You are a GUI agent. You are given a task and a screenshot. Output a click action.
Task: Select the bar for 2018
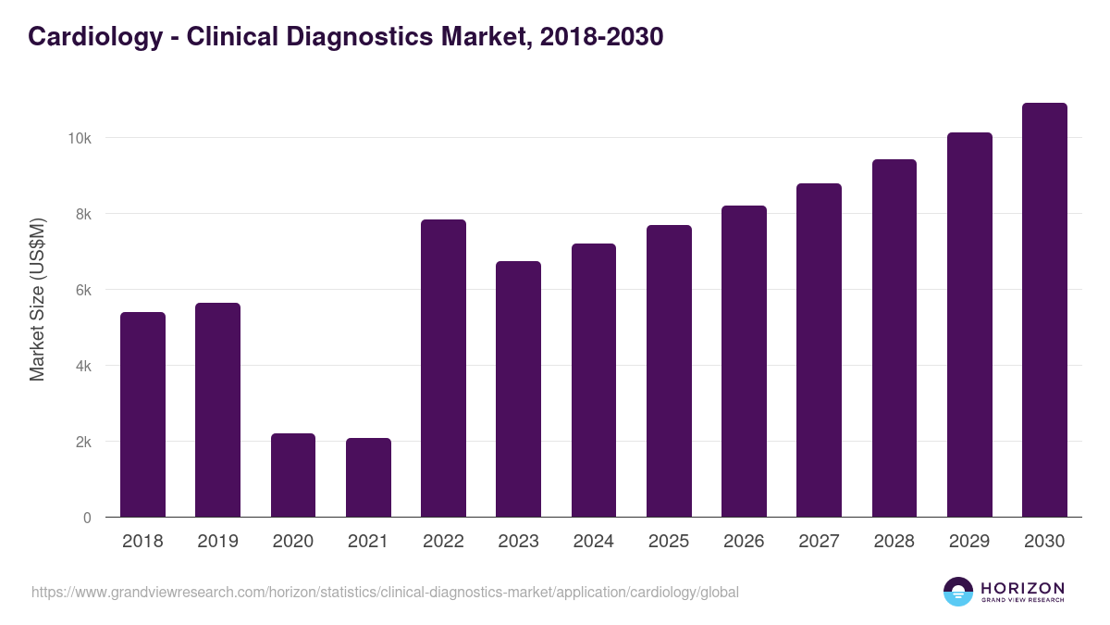point(142,415)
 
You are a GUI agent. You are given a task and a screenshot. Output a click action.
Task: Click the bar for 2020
point(293,475)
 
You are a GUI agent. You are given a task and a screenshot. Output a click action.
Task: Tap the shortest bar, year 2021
point(368,478)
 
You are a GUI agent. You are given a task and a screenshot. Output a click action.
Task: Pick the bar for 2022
point(443,369)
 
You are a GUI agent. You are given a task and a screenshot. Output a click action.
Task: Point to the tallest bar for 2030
point(1044,310)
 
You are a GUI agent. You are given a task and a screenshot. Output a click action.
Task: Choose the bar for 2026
point(744,361)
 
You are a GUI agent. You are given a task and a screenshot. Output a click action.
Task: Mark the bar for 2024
point(594,381)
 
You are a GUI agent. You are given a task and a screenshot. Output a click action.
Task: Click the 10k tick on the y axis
point(79,138)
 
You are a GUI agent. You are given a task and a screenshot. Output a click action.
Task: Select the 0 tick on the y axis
point(87,518)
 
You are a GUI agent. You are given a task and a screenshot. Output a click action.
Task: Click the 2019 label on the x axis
point(217,542)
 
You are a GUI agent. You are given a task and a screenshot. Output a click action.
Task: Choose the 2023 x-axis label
point(518,542)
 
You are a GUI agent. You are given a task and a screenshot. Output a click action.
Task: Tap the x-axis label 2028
point(894,542)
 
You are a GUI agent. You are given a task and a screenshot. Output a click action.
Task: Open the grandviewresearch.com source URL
point(385,592)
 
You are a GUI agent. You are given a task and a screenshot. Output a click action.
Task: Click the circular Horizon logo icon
point(958,592)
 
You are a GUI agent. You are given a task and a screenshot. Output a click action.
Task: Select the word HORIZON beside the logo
point(1022,588)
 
